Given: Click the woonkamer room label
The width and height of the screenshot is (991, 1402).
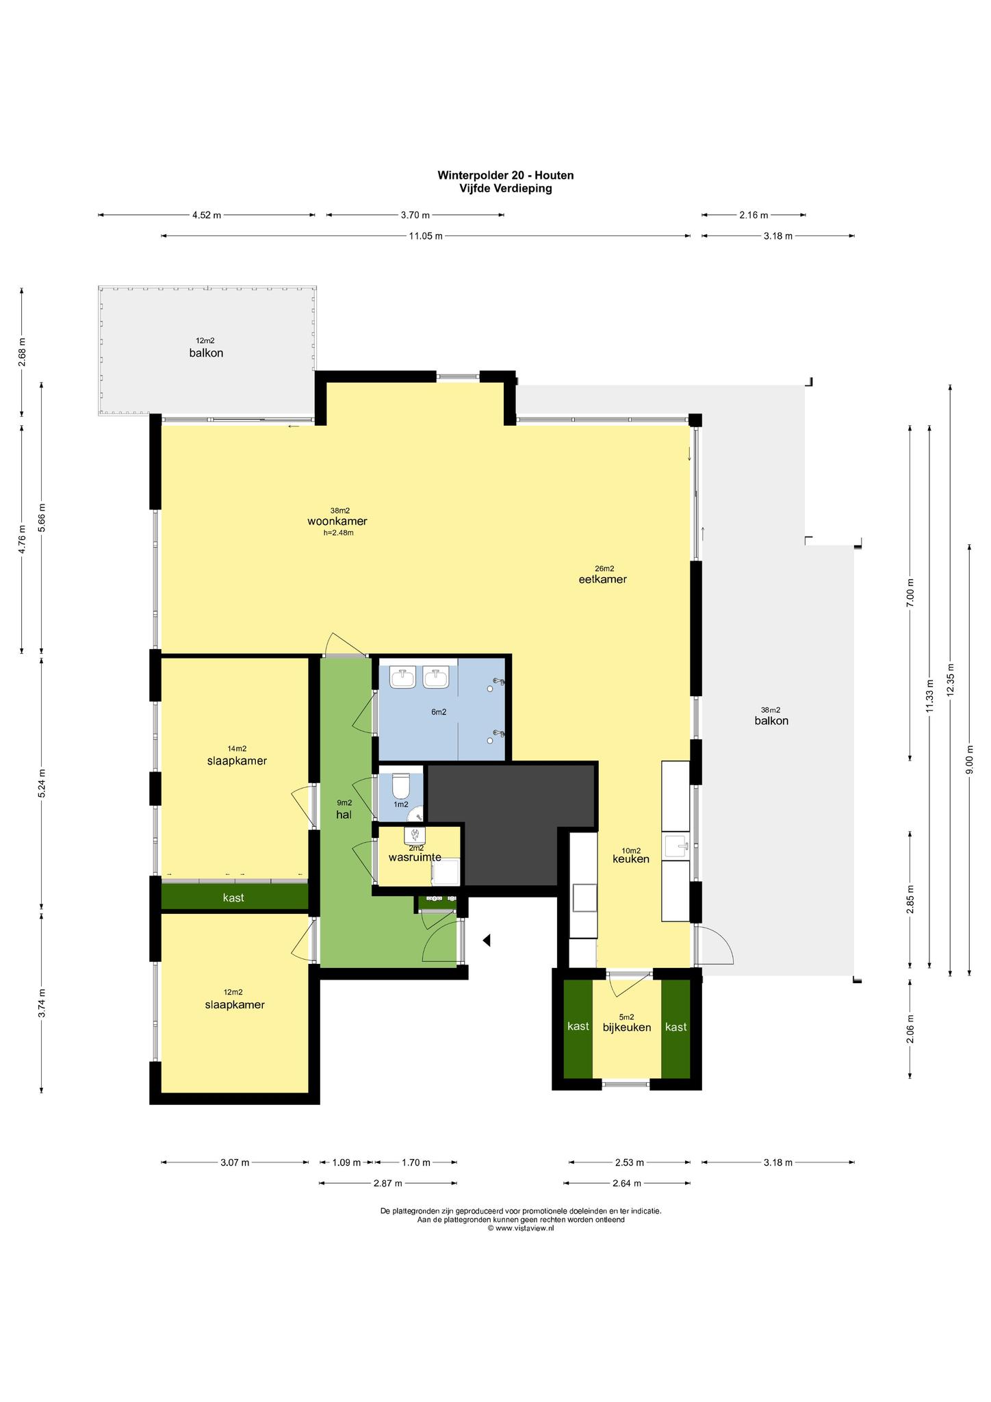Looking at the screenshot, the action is (337, 521).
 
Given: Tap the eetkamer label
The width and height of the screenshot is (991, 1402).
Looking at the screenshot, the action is (603, 579).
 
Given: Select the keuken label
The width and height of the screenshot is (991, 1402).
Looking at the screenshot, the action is (630, 859).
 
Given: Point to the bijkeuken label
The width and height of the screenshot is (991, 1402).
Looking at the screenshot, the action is (627, 1028).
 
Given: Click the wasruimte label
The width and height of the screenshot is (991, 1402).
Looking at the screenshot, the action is (415, 857).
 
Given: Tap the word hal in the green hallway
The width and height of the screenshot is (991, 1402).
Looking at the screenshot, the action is (344, 815).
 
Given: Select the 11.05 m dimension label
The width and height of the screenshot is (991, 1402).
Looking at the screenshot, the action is (426, 236).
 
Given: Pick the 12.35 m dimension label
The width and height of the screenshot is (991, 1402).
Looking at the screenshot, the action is (950, 680).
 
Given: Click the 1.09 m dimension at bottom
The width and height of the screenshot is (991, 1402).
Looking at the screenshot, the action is (346, 1162).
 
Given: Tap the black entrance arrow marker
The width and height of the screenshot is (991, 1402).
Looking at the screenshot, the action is (487, 941).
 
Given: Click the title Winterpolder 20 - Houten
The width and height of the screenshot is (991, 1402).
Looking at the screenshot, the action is (506, 175).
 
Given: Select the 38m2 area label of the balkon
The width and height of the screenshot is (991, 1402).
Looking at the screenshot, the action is (771, 710).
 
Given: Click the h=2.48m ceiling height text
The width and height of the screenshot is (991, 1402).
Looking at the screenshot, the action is (339, 532).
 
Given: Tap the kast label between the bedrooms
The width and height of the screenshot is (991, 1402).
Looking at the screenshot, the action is (233, 897).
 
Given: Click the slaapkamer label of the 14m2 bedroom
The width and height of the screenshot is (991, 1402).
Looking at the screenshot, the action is (237, 761).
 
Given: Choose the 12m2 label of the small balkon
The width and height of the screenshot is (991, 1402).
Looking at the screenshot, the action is (205, 340).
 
